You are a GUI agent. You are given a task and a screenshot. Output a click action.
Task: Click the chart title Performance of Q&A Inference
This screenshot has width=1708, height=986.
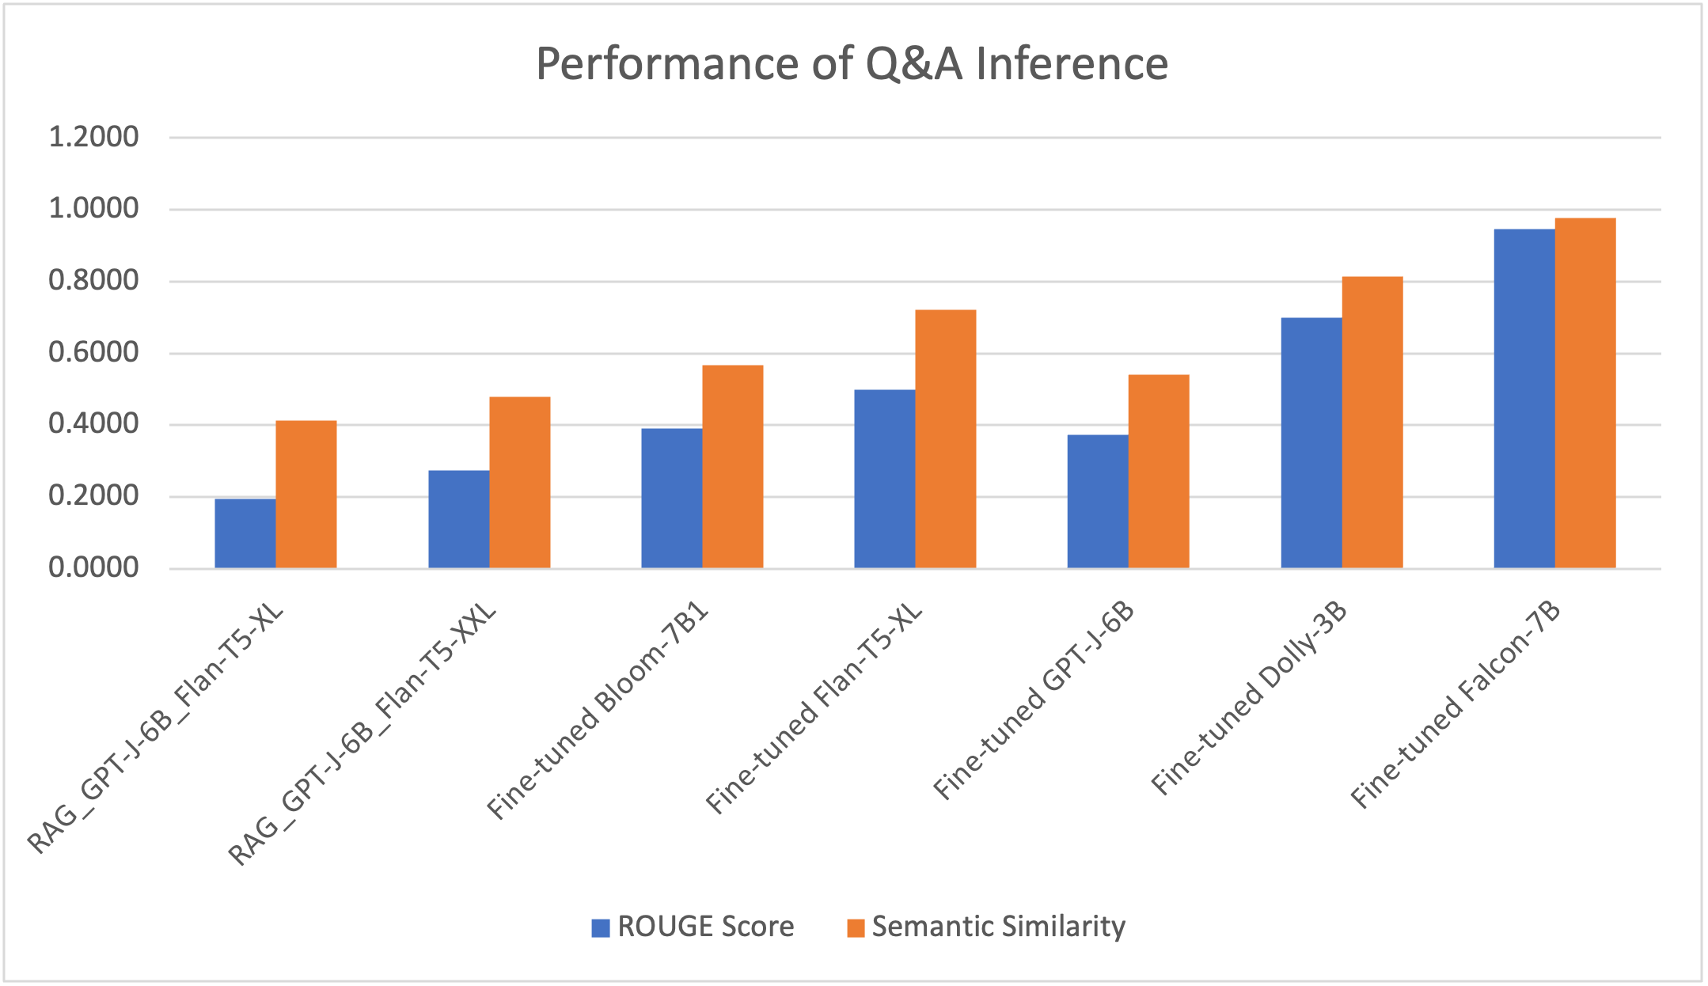[852, 63]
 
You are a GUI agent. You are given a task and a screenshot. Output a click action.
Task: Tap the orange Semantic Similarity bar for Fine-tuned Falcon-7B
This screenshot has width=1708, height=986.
[1585, 393]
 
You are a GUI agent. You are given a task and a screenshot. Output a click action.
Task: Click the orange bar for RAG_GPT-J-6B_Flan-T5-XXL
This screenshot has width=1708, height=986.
[519, 482]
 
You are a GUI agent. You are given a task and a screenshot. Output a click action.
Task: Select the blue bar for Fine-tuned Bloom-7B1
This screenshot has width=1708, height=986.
[671, 498]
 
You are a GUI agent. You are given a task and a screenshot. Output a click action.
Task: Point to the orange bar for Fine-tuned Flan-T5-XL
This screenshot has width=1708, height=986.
[945, 438]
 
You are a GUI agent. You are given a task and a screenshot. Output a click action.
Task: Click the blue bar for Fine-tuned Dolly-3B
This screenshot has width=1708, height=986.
[1311, 442]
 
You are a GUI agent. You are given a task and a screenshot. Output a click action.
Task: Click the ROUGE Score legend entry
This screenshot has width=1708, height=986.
[693, 927]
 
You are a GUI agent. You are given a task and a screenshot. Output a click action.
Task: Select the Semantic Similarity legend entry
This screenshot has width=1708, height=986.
[986, 927]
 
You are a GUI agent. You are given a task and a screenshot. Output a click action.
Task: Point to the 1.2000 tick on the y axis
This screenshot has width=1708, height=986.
[93, 138]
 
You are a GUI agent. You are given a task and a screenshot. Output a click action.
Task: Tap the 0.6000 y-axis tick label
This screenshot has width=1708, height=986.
[93, 353]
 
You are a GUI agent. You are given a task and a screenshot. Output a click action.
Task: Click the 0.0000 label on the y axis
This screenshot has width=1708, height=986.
[93, 568]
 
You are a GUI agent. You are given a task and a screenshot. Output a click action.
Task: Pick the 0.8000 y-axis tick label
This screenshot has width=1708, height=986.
[93, 281]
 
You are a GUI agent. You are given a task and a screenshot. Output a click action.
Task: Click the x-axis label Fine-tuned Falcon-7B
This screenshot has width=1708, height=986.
[1456, 704]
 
